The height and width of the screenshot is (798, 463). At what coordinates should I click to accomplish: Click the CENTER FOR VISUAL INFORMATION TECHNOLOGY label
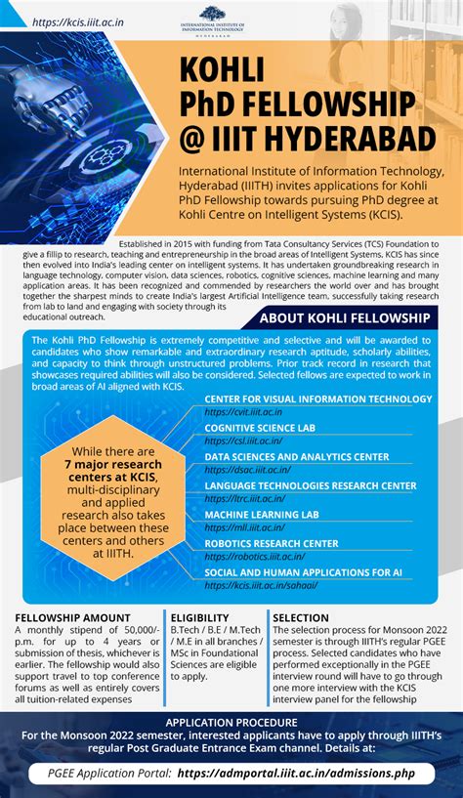coord(317,399)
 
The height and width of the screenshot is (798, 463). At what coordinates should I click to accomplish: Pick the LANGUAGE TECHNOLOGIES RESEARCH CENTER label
coord(310,485)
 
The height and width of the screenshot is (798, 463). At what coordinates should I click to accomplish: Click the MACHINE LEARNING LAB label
coord(261,514)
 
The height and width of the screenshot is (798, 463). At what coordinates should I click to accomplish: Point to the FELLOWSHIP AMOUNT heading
coord(74,617)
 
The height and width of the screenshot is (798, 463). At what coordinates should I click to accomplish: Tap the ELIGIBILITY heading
coord(200,617)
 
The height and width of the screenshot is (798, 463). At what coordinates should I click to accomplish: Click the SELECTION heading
coord(301,617)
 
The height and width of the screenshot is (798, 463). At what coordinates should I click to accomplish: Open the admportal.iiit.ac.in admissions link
coord(304,772)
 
